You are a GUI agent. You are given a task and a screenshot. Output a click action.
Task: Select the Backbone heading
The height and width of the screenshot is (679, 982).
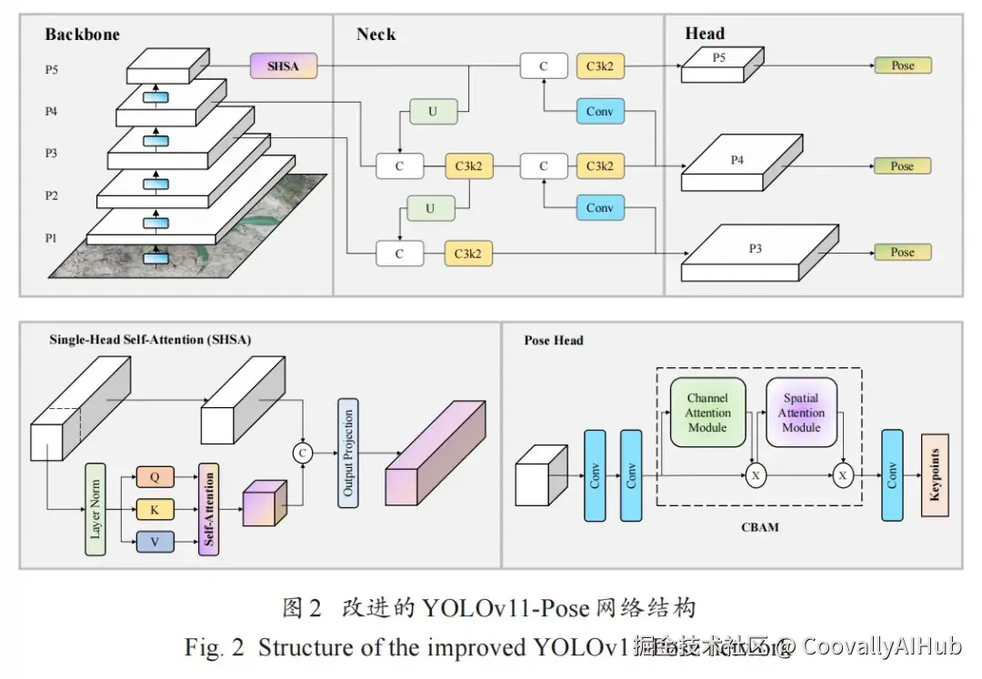click(82, 35)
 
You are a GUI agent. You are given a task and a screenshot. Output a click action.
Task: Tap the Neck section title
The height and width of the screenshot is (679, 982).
click(376, 35)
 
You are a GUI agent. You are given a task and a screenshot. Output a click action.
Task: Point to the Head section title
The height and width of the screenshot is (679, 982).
click(705, 34)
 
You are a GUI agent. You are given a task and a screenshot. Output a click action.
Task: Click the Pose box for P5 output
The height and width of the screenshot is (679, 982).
click(902, 65)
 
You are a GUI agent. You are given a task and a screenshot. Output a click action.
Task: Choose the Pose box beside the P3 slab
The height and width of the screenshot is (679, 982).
click(902, 252)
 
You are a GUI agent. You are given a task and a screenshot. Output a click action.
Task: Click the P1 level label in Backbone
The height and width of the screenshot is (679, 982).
click(52, 238)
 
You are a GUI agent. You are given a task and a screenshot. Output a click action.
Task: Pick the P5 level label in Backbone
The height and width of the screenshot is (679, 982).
click(52, 68)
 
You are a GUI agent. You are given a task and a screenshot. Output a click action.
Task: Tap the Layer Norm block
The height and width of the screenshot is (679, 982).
click(95, 508)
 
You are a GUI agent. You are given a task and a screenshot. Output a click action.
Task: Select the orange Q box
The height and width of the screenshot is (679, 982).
click(155, 475)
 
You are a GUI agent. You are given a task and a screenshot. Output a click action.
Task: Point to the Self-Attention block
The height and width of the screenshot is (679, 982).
click(209, 509)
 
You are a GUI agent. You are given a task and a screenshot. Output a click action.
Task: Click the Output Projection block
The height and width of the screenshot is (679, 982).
click(347, 452)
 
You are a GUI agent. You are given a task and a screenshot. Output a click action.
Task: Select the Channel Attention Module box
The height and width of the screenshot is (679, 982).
click(707, 413)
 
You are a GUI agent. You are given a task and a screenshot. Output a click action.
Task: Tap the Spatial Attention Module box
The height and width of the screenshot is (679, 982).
click(801, 413)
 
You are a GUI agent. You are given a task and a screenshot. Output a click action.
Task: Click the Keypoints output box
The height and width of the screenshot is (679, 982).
click(934, 475)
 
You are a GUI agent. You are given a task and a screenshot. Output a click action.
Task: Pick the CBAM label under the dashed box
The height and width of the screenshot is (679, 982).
click(759, 527)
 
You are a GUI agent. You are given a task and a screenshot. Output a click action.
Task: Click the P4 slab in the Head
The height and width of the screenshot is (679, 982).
click(737, 164)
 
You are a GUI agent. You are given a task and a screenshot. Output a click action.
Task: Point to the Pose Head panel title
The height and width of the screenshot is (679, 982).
click(554, 341)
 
